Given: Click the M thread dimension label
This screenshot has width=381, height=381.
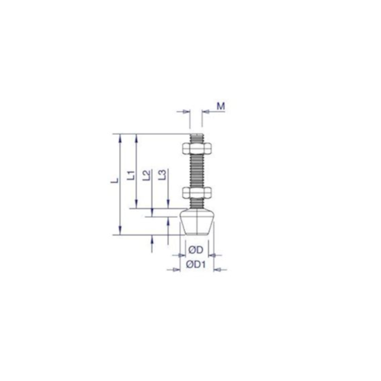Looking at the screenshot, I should [x=220, y=105].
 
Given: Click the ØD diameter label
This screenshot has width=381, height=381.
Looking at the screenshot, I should [x=195, y=248].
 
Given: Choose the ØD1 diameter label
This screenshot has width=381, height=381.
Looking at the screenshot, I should [x=196, y=264].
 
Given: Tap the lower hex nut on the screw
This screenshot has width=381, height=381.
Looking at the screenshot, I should [x=197, y=192].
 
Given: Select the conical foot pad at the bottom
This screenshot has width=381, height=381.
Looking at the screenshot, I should [x=197, y=224].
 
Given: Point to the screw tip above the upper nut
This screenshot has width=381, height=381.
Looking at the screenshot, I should [x=197, y=137].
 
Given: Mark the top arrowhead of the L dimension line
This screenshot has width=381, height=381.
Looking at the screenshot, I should [x=119, y=137].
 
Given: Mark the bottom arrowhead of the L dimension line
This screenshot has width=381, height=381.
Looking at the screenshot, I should [x=119, y=231].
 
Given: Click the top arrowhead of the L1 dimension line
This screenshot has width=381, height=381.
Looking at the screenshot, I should [x=136, y=137].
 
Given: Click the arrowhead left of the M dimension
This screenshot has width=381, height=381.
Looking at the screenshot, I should [x=188, y=112].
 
